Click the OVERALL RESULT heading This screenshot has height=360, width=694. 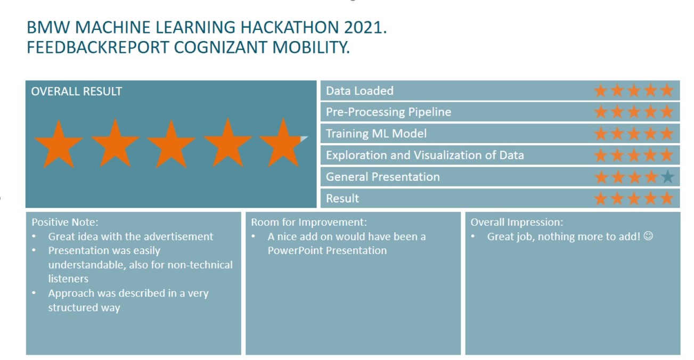click(76, 91)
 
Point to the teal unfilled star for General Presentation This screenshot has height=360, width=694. click(667, 177)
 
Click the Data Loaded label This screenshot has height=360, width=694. click(360, 91)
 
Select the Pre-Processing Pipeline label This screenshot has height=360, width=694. click(388, 112)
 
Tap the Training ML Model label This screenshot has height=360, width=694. click(376, 134)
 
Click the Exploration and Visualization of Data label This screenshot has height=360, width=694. click(424, 155)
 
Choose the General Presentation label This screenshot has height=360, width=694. click(382, 177)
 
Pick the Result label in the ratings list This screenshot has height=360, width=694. click(342, 198)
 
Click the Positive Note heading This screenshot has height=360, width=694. click(65, 222)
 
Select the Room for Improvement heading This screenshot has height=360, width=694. click(309, 222)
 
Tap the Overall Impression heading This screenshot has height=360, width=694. click(516, 222)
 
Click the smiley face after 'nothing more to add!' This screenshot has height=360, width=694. click(648, 236)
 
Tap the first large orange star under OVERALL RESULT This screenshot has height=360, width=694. click(59, 143)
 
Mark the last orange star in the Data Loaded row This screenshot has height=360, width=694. click(667, 91)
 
